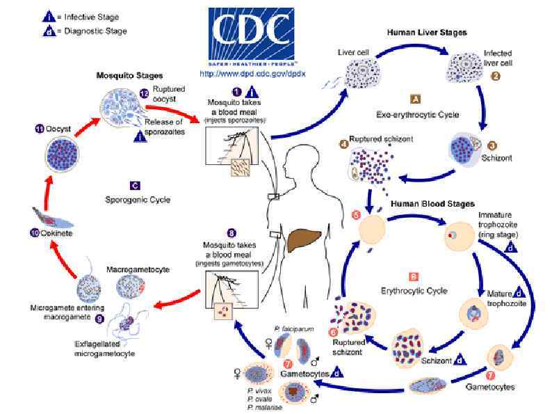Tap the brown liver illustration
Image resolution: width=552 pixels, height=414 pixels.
pos(306,241)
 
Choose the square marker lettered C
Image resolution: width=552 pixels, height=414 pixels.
pos(136,185)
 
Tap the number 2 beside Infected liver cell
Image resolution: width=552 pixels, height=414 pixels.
pos(495,77)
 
